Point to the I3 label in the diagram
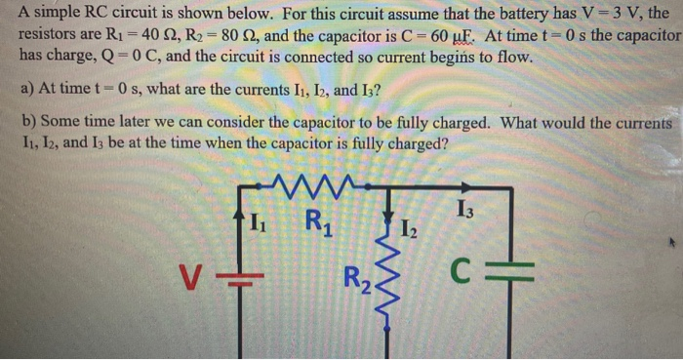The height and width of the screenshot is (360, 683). point(466,210)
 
